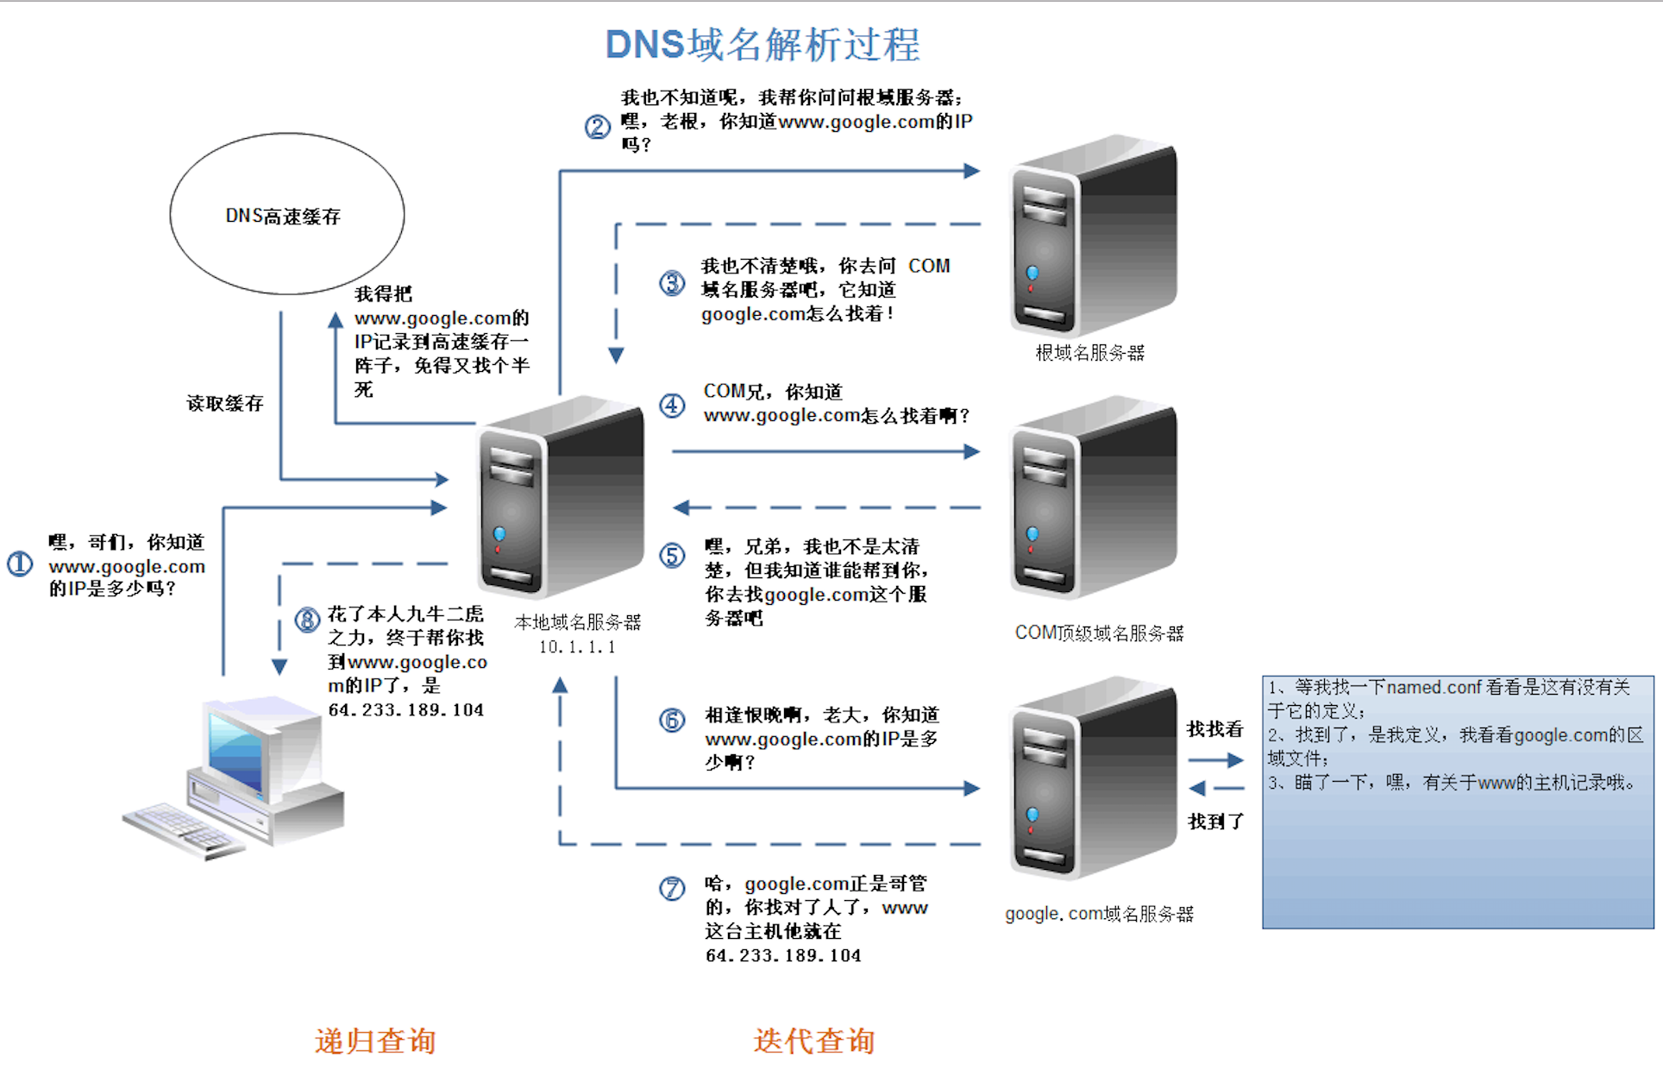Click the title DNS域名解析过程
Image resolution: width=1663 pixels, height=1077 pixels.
pos(762,45)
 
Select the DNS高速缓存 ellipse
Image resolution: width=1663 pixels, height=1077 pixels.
pos(286,214)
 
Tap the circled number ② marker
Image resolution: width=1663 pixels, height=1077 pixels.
pos(597,128)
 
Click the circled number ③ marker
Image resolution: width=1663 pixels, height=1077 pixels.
pos(672,283)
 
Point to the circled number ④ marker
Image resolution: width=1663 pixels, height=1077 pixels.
pos(672,405)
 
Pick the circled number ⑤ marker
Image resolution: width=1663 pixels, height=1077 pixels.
pos(672,555)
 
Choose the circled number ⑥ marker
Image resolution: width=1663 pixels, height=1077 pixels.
pos(672,720)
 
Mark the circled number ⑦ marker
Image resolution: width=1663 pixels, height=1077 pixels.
pos(672,888)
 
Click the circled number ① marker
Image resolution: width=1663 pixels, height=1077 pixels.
pos(20,564)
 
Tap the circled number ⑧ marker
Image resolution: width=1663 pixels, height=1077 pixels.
pos(307,620)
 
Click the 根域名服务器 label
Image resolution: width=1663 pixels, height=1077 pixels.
pos(1089,352)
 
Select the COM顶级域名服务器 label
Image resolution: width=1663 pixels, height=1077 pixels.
pos(1099,633)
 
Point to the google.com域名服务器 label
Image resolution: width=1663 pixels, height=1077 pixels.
pos(1099,914)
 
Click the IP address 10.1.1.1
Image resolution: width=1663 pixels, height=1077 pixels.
pos(577,647)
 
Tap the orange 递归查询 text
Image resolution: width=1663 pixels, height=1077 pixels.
pos(375,1041)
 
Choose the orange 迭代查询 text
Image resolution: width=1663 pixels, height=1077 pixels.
pos(813,1041)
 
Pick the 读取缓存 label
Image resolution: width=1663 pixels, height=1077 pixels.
pos(225,403)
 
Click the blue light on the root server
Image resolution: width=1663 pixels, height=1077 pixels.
pos(1032,273)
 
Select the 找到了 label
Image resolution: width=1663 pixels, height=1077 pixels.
pos(1215,822)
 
